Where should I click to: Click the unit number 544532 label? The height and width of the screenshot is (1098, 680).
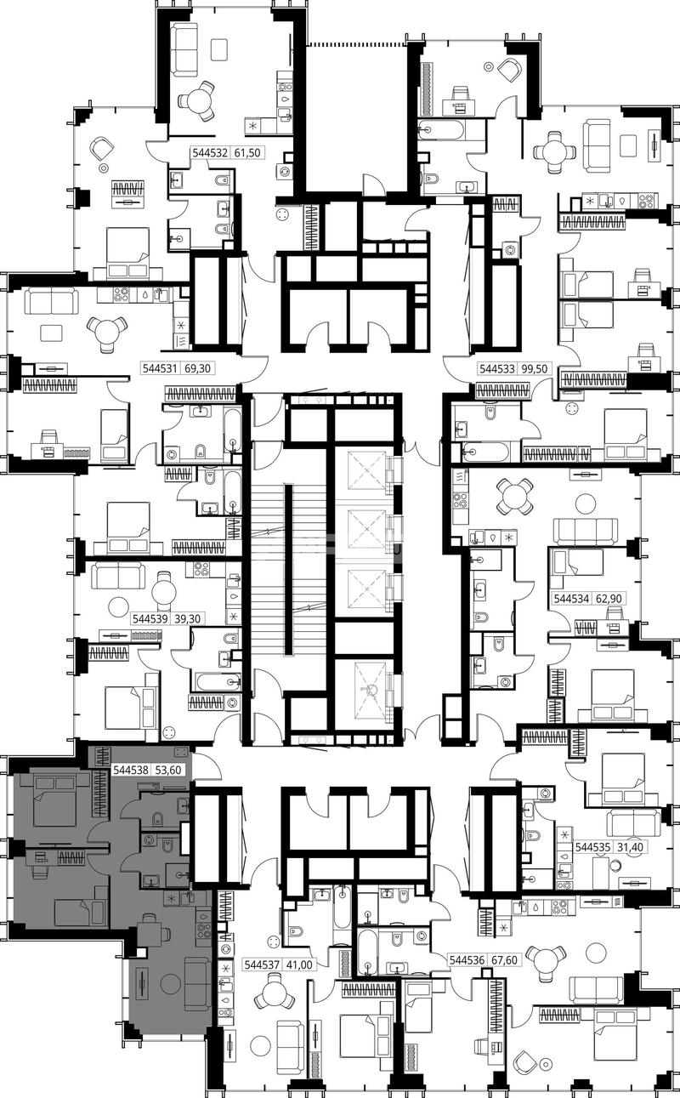(x=210, y=153)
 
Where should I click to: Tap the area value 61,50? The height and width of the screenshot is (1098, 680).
(x=246, y=153)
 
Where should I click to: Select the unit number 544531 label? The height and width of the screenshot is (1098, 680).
(x=159, y=367)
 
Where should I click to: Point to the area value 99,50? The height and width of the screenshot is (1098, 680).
(x=536, y=368)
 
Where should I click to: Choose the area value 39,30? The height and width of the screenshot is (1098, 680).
(x=187, y=619)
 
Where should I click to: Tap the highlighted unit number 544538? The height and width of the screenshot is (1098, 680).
(x=131, y=770)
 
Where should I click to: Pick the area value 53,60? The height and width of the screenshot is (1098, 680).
(x=168, y=770)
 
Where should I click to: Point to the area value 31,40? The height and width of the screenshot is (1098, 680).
(x=629, y=847)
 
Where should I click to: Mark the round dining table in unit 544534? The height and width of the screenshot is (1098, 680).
(x=514, y=496)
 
